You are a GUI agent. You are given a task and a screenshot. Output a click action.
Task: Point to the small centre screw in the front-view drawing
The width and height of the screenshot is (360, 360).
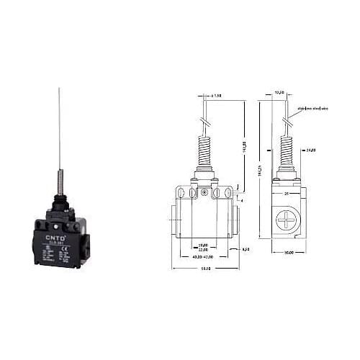(206, 192)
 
